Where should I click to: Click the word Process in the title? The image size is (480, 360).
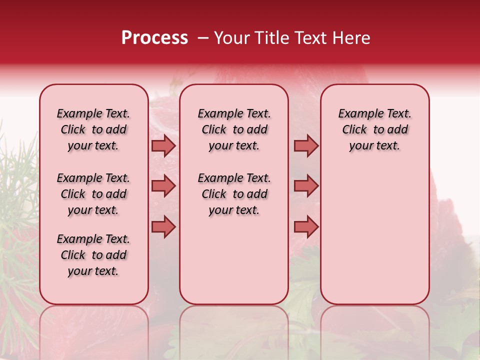pyautogui.click(x=154, y=38)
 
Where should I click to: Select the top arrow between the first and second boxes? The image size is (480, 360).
pyautogui.click(x=163, y=146)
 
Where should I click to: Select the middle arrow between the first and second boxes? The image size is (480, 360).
pyautogui.click(x=163, y=186)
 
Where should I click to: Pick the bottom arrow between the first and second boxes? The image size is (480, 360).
pyautogui.click(x=163, y=226)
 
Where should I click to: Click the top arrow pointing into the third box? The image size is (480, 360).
pyautogui.click(x=306, y=146)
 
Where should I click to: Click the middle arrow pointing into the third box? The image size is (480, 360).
pyautogui.click(x=306, y=186)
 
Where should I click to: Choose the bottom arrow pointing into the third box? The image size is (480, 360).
pyautogui.click(x=306, y=226)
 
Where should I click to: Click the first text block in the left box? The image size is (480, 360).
pyautogui.click(x=93, y=129)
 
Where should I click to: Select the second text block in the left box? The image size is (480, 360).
pyautogui.click(x=93, y=194)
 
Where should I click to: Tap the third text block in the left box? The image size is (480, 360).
pyautogui.click(x=93, y=255)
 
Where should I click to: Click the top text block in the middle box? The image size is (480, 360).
pyautogui.click(x=234, y=129)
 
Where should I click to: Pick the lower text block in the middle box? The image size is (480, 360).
pyautogui.click(x=234, y=194)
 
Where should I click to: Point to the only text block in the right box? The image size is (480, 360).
pyautogui.click(x=374, y=129)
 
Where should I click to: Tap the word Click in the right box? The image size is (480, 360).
pyautogui.click(x=354, y=130)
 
